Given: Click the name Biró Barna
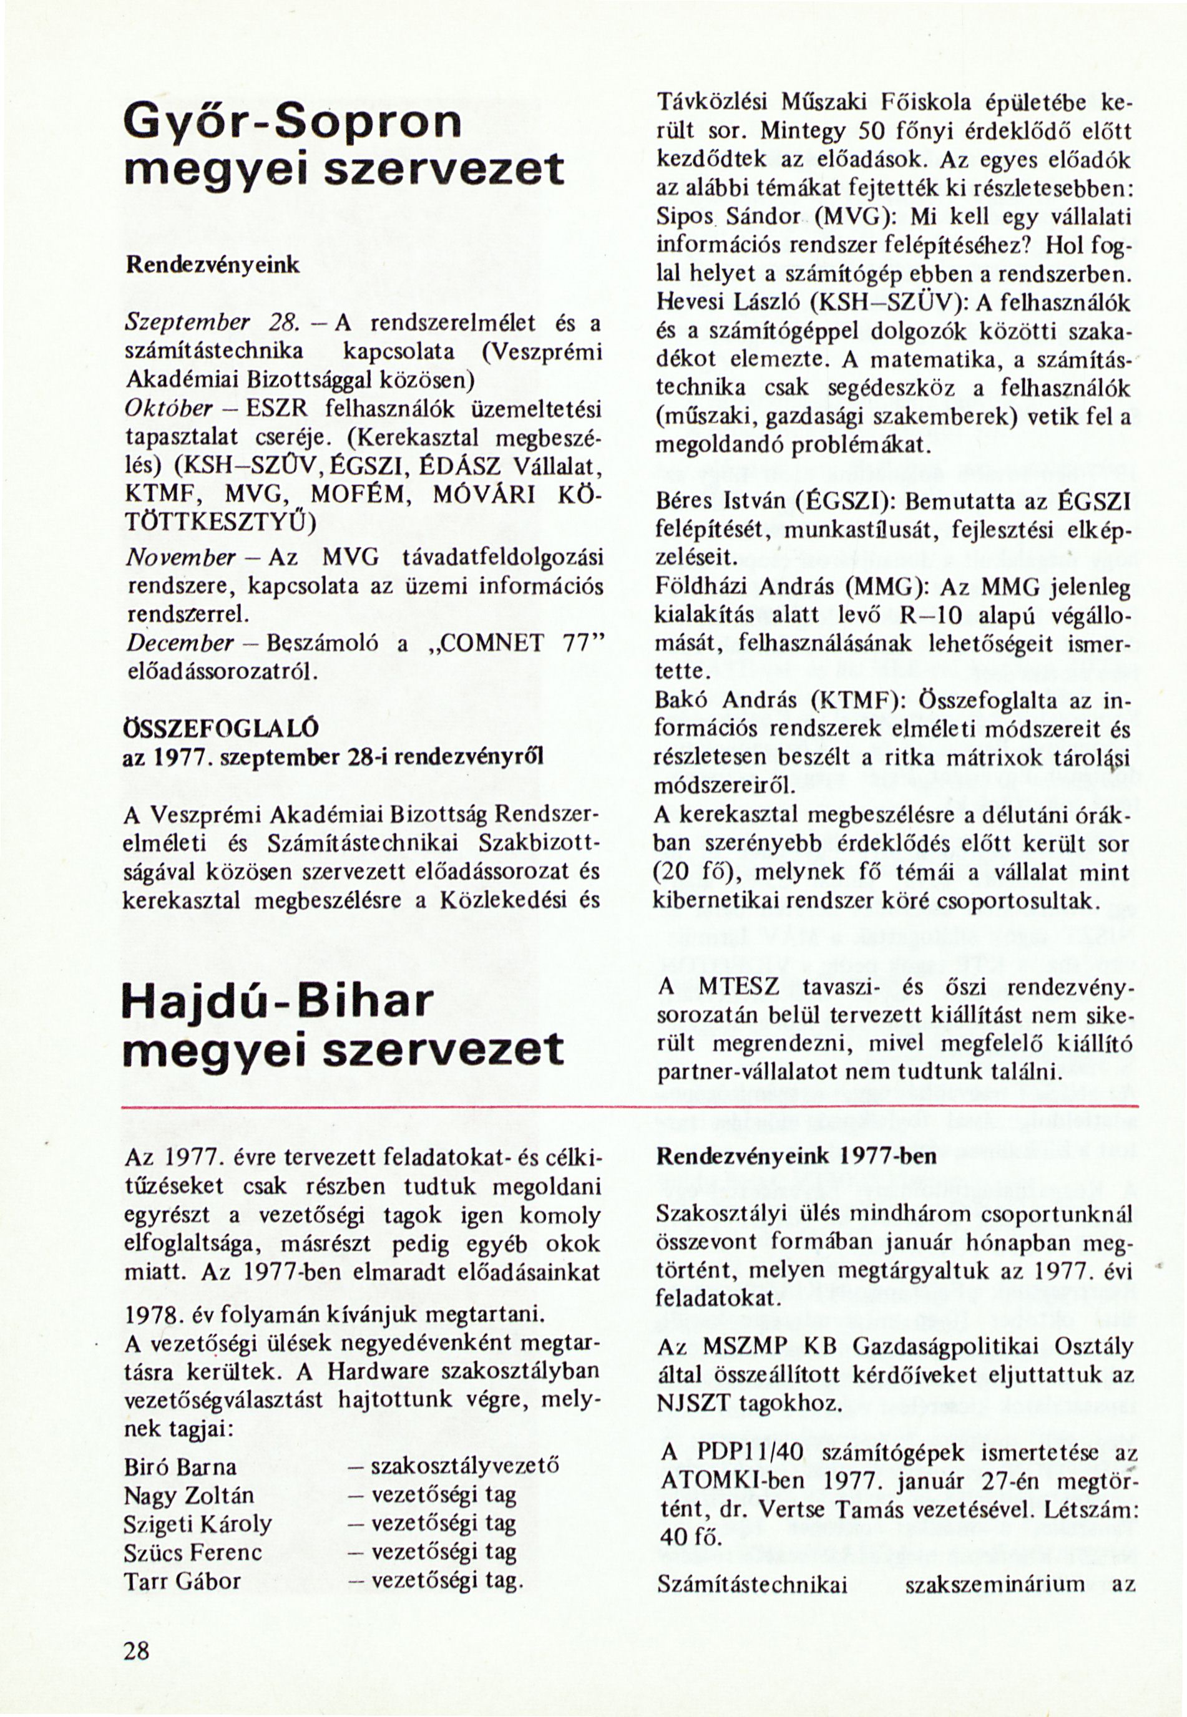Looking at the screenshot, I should coord(181,1467).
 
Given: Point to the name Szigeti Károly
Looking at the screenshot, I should coord(198,1524).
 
